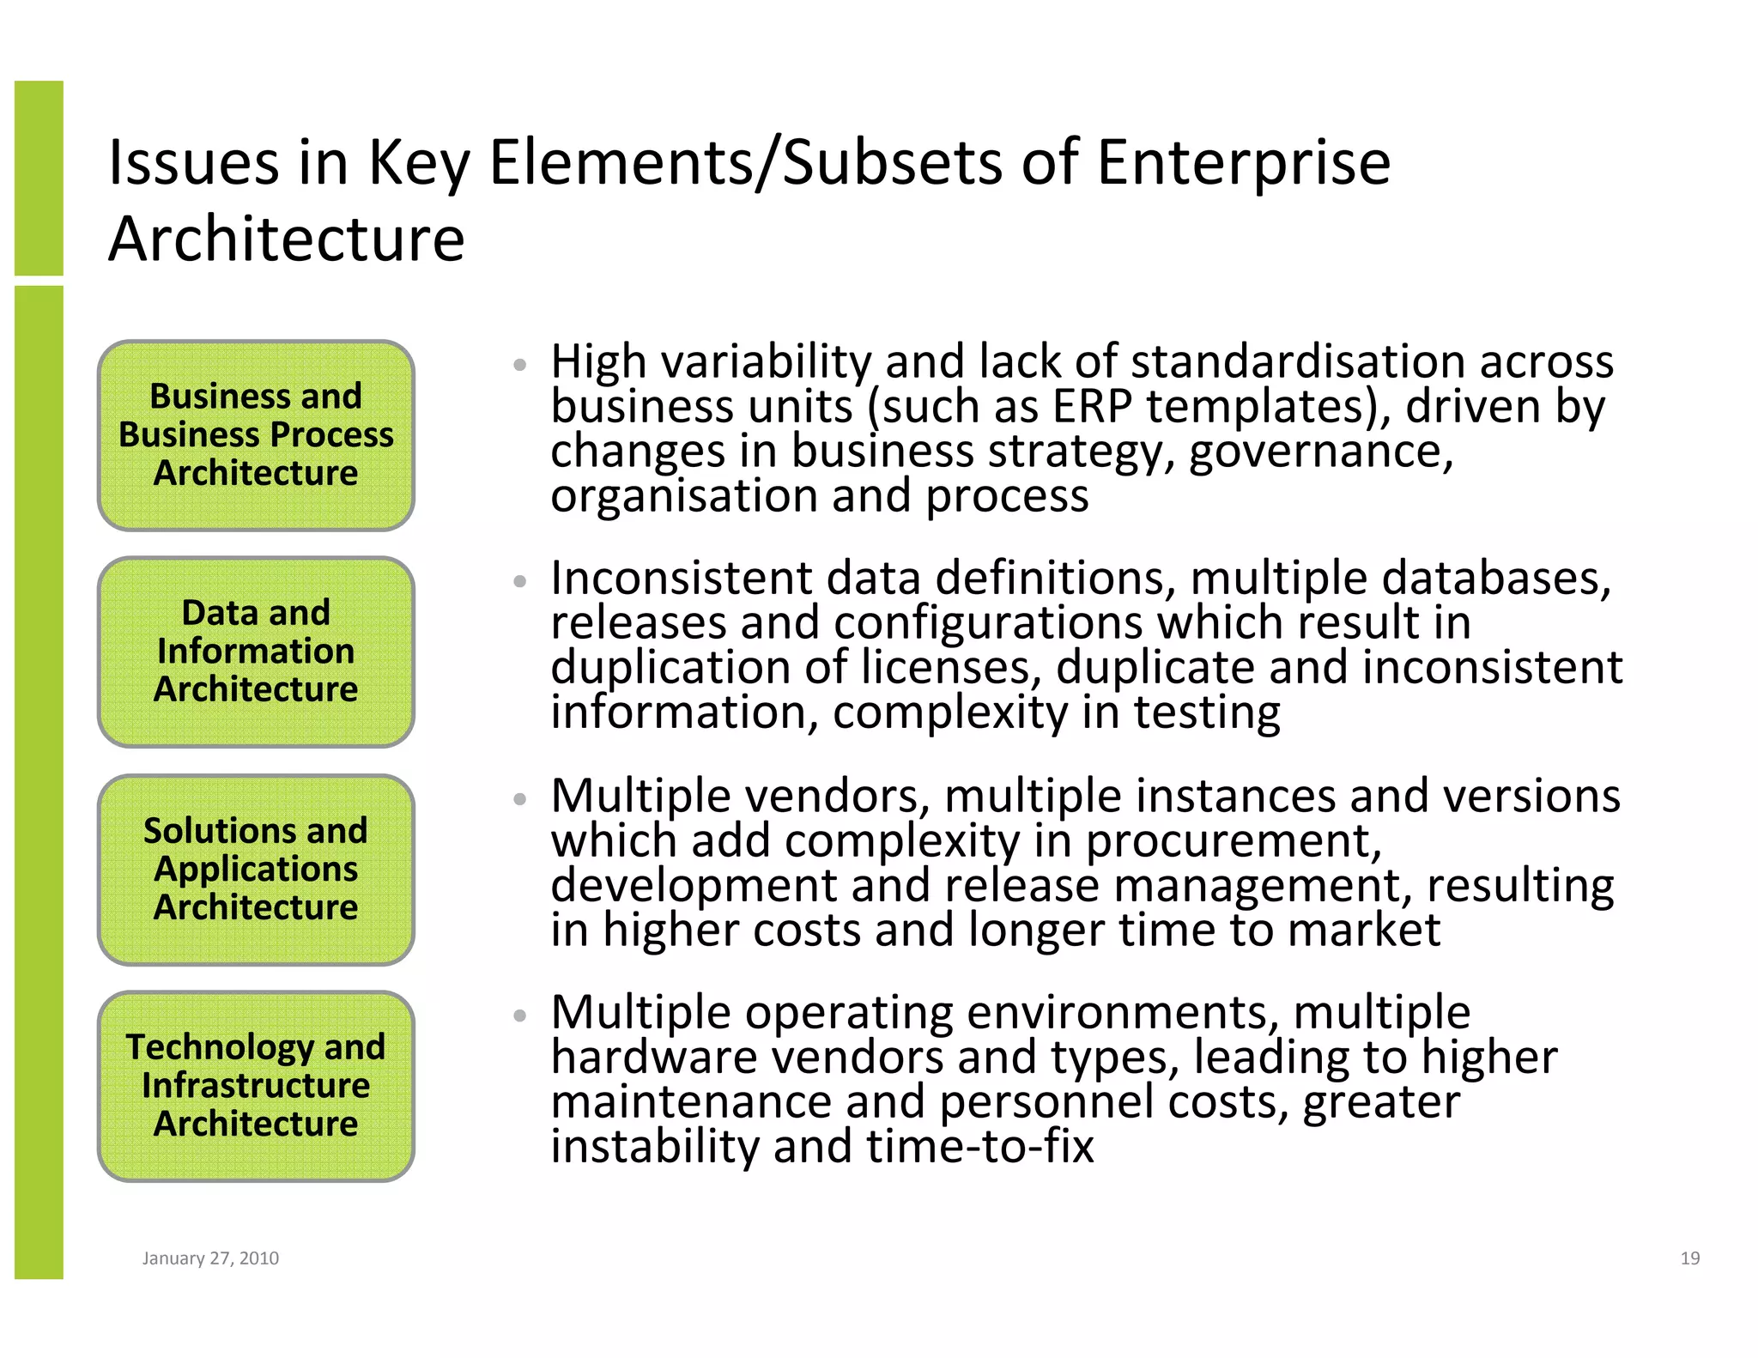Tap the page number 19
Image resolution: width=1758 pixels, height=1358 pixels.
pyautogui.click(x=1689, y=1258)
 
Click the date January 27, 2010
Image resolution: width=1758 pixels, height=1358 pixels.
pyautogui.click(x=210, y=1258)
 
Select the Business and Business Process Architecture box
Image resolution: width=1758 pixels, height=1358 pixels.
pyautogui.click(x=256, y=435)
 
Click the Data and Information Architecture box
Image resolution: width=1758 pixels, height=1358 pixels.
pyautogui.click(x=256, y=652)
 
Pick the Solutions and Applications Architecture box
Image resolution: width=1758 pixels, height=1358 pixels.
pyautogui.click(x=256, y=870)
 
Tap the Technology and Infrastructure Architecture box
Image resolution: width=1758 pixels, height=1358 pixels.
pyautogui.click(x=256, y=1086)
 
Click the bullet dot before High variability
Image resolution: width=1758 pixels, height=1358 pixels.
pyautogui.click(x=519, y=365)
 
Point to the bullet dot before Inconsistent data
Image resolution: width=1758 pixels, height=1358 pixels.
pyautogui.click(x=519, y=581)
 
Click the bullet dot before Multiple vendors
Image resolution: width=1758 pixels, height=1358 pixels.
pyautogui.click(x=519, y=799)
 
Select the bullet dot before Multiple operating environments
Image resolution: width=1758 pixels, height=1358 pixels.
pyautogui.click(x=519, y=1015)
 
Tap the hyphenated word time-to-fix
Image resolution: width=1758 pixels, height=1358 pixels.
pyautogui.click(x=979, y=1146)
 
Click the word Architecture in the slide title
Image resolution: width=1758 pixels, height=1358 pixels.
pyautogui.click(x=286, y=239)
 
